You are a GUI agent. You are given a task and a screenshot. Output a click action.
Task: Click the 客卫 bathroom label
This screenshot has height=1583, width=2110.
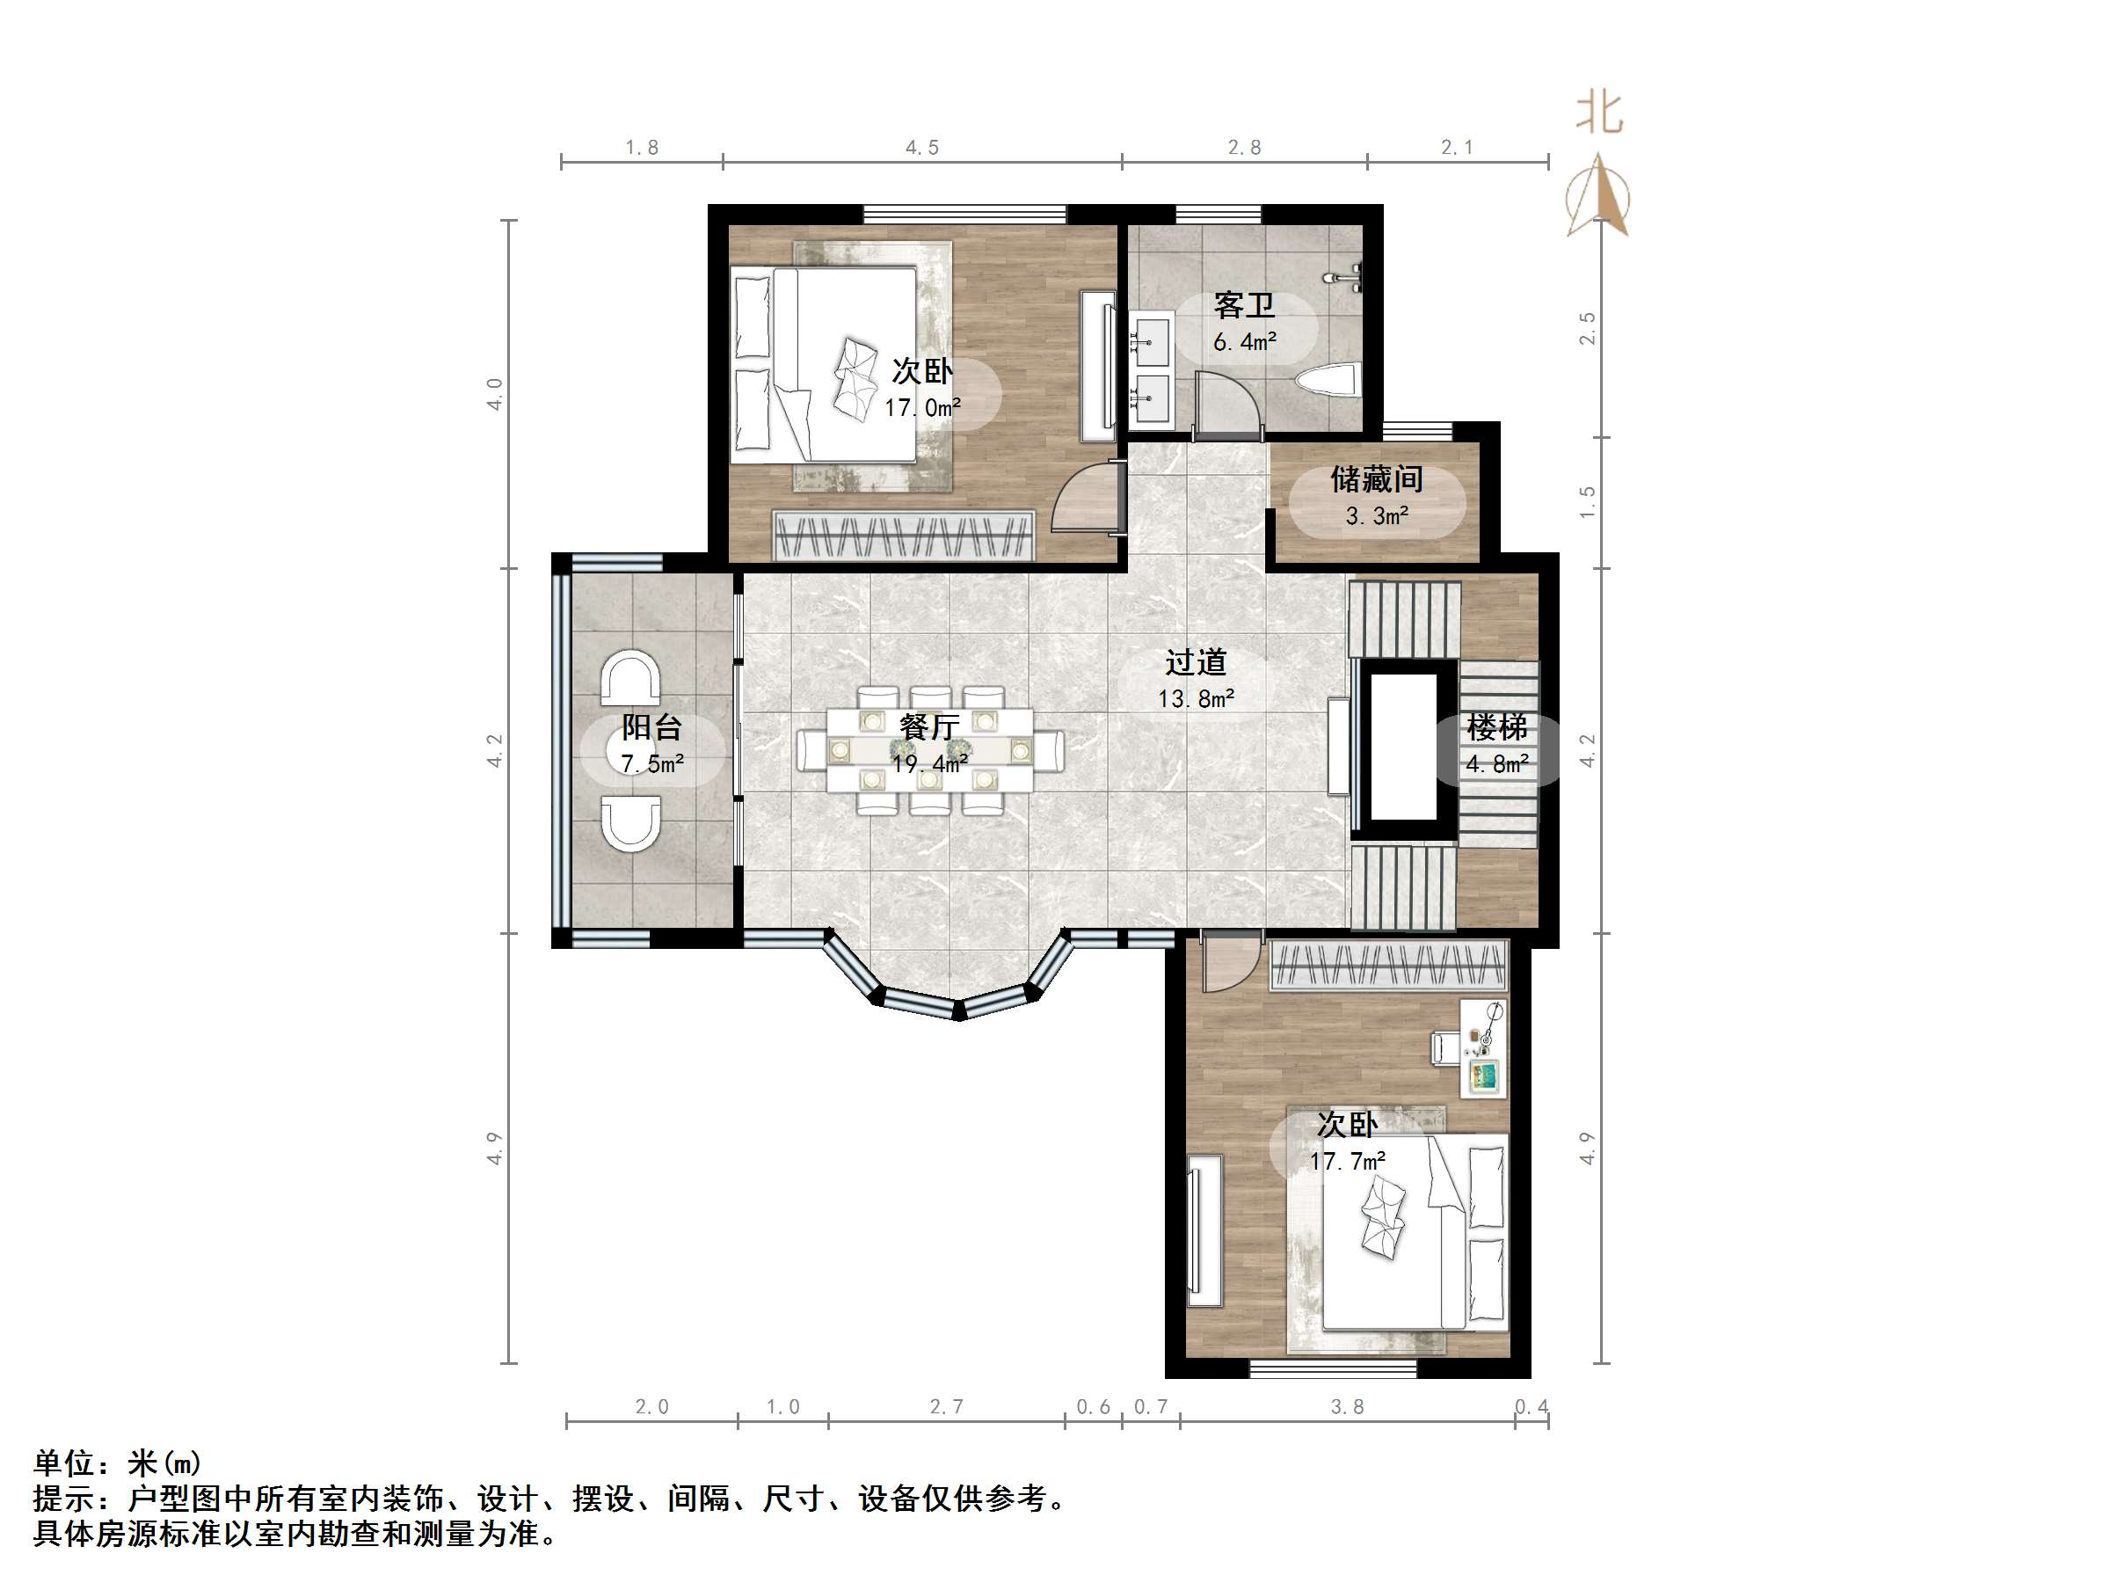(x=1244, y=306)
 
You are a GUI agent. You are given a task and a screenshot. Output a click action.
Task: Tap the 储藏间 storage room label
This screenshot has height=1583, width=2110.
(x=1376, y=479)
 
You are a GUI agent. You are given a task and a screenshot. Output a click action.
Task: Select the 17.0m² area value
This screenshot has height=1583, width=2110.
(x=921, y=408)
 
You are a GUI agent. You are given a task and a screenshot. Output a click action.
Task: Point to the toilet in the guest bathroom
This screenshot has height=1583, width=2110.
(x=1328, y=381)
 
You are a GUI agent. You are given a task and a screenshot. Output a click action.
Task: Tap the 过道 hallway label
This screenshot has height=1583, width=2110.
(x=1195, y=662)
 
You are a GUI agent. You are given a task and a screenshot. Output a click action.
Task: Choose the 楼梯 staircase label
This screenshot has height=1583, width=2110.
(x=1496, y=728)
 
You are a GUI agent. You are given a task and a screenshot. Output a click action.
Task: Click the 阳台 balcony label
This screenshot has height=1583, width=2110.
(x=651, y=728)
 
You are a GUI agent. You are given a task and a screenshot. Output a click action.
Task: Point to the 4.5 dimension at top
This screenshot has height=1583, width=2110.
(x=921, y=147)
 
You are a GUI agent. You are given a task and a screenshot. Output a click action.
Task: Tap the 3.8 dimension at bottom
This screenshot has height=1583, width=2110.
(x=1347, y=1406)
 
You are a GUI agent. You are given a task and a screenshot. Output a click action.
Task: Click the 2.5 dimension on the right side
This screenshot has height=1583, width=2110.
(x=1586, y=328)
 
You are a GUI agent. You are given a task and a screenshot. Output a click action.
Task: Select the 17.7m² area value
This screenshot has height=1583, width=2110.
(x=1347, y=1161)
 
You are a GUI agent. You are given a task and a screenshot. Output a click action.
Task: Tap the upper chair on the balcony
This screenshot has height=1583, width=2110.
(x=629, y=678)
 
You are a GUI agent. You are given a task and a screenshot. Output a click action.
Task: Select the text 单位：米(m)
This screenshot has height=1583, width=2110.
(x=117, y=1462)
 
